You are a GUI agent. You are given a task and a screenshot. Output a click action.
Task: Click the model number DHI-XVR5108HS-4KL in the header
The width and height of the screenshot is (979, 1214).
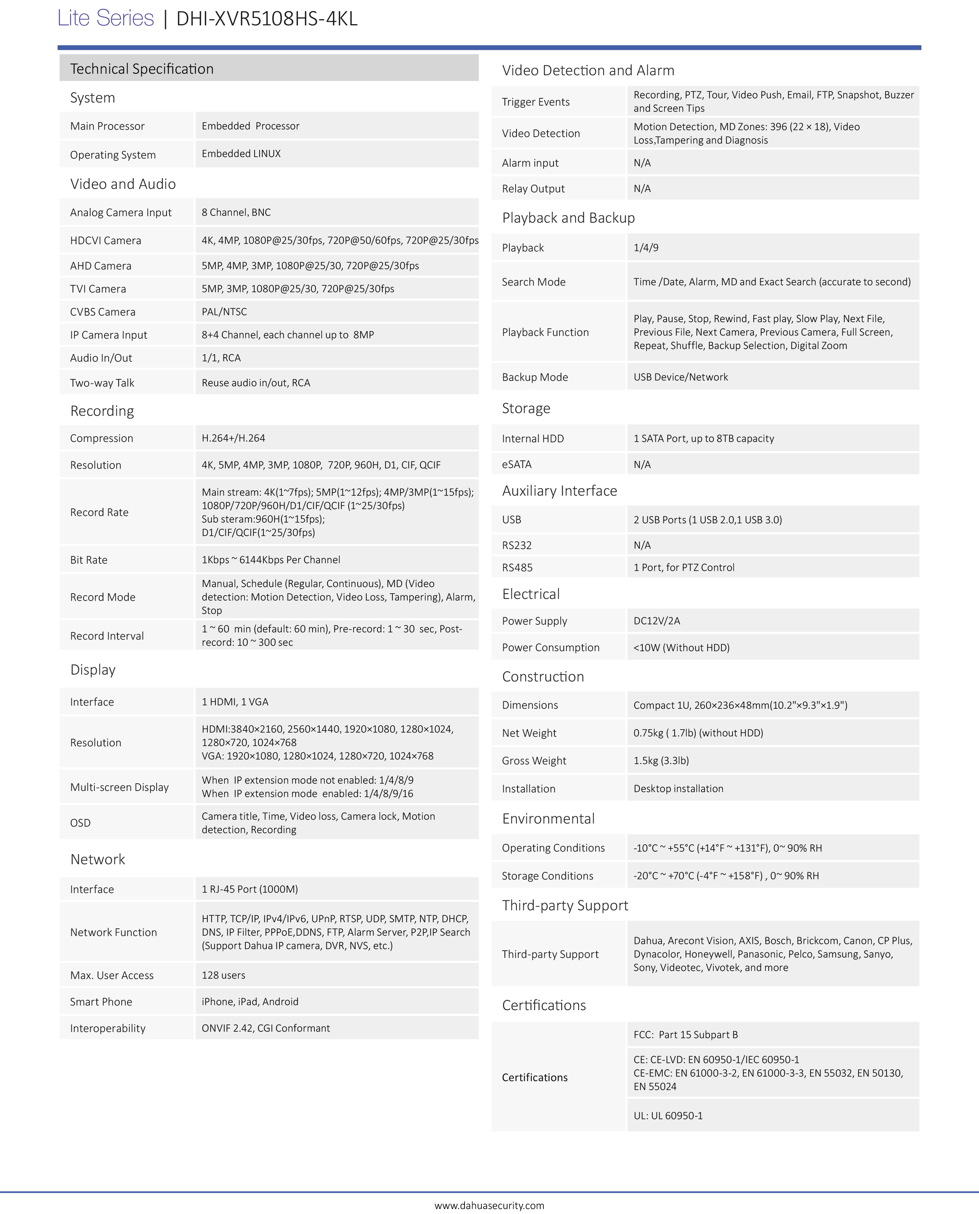point(267,18)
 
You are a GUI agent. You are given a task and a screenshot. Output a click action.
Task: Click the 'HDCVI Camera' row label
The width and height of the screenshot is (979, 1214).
point(106,240)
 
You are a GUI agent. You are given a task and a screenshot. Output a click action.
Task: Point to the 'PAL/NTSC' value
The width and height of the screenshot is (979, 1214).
point(225,312)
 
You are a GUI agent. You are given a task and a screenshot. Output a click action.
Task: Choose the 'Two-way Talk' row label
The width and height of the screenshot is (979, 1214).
point(102,383)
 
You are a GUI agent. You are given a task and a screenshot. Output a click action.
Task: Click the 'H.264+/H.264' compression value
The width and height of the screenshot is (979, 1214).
point(233,438)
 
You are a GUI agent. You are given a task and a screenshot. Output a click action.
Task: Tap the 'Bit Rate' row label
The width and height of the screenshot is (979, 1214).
point(89,560)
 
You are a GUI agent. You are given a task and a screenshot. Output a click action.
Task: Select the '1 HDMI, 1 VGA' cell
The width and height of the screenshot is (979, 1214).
point(235,702)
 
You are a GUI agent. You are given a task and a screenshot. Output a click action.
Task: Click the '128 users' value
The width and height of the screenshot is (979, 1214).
point(223,975)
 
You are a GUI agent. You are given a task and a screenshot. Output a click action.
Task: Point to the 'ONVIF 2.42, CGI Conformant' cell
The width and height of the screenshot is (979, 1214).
point(266,1028)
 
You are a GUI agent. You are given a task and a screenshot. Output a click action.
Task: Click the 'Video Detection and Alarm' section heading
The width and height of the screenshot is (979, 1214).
point(588,71)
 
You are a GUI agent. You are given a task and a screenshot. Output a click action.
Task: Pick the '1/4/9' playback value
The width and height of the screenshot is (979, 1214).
point(646,248)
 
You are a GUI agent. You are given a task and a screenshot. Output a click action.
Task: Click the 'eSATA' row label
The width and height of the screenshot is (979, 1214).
point(517,464)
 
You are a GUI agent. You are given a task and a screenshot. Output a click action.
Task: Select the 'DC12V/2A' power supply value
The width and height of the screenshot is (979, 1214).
point(657,621)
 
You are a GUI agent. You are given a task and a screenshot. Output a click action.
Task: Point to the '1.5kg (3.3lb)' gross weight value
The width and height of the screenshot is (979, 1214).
point(661,761)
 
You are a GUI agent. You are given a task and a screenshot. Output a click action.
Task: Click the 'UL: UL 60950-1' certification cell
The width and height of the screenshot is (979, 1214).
point(668,1115)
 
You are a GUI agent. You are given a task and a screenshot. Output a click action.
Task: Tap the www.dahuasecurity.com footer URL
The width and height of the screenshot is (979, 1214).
point(489,1206)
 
